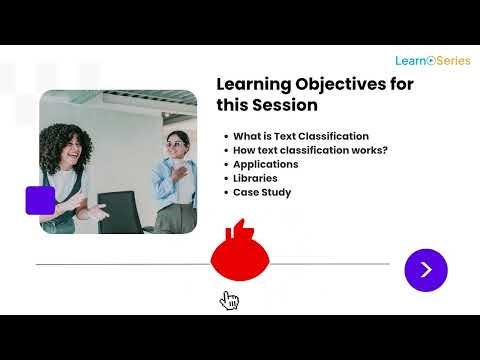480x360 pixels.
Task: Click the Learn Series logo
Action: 432,61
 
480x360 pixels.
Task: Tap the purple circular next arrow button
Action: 426,269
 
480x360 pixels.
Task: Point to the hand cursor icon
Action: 229,300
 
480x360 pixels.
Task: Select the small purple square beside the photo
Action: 40,200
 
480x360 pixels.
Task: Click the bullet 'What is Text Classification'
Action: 301,136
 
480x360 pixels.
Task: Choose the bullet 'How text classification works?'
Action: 310,150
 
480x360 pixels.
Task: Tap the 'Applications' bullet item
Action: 266,164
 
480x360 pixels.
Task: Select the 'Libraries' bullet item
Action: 256,178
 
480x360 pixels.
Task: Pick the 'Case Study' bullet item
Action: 262,192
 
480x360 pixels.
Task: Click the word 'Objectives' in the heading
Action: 354,84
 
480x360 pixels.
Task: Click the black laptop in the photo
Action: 121,211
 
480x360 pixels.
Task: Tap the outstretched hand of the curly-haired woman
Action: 96,211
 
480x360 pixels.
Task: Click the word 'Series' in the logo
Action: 451,61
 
